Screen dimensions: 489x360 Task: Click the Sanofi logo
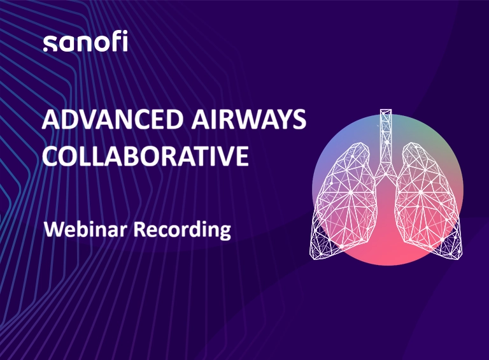tap(85, 43)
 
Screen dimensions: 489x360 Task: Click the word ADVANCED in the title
tap(113, 119)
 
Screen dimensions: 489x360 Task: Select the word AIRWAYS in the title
tap(248, 119)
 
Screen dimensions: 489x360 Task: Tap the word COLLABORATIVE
tap(145, 155)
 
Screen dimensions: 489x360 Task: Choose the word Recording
tap(183, 230)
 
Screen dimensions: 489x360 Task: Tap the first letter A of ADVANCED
tap(51, 119)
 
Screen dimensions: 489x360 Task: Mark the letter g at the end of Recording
tap(225, 233)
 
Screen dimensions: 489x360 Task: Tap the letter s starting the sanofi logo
tap(50, 44)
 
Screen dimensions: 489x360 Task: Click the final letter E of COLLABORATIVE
tap(243, 155)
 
